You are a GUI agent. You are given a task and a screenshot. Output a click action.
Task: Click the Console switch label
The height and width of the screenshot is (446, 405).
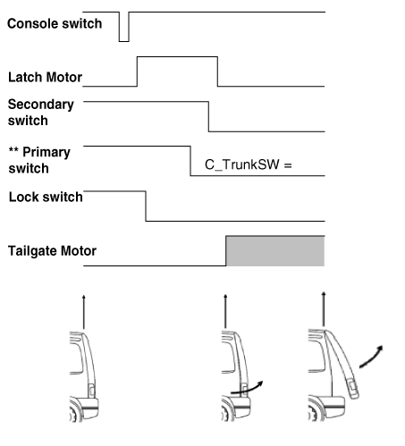click(55, 23)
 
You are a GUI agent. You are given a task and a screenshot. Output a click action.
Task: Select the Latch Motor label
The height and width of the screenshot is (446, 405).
click(45, 77)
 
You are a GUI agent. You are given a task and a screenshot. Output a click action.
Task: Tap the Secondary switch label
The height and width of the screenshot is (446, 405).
click(41, 113)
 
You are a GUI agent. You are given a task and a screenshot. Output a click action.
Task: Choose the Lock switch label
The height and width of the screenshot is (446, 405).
click(46, 197)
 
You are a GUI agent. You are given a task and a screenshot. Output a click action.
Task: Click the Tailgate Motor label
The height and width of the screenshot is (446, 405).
click(52, 250)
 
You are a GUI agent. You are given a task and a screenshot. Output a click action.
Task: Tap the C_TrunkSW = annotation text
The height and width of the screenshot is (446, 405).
click(249, 164)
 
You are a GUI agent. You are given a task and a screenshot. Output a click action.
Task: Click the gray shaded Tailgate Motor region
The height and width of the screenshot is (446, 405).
click(275, 251)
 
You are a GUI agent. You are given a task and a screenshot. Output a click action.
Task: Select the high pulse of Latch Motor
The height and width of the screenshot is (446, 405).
click(177, 56)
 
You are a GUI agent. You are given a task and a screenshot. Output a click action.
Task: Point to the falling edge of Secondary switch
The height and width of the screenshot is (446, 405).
click(208, 116)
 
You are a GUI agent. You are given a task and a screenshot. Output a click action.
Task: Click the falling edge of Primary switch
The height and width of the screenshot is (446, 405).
click(190, 161)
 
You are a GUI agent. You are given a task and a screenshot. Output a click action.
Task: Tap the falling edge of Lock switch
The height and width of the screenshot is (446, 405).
click(146, 206)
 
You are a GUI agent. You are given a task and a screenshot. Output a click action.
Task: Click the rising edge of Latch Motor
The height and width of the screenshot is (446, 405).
click(137, 72)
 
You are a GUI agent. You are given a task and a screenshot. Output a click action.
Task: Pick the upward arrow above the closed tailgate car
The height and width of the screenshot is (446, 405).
click(84, 312)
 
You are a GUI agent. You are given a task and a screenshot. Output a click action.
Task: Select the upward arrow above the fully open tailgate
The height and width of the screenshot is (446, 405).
click(324, 309)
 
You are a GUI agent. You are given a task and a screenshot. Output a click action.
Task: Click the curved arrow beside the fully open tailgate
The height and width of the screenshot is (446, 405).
click(371, 358)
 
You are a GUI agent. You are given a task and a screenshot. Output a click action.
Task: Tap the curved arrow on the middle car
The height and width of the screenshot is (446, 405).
click(247, 388)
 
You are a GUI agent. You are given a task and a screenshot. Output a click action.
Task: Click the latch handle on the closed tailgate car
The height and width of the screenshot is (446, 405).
click(92, 391)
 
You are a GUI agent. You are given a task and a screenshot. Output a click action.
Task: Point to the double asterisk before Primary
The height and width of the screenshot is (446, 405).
click(13, 149)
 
